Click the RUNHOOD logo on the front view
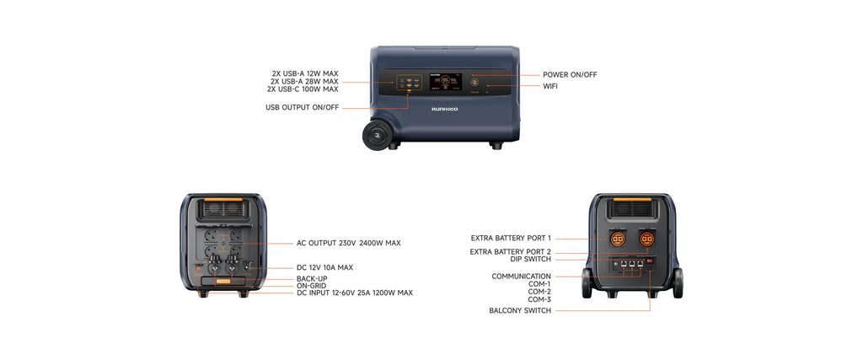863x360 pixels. pyautogui.click(x=444, y=109)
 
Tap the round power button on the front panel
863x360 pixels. pyautogui.click(x=474, y=83)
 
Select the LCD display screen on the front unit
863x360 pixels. pyautogui.click(x=445, y=83)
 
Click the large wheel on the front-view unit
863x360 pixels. pyautogui.click(x=377, y=135)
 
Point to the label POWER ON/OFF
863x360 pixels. pyautogui.click(x=570, y=75)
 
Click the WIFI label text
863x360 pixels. pyautogui.click(x=550, y=87)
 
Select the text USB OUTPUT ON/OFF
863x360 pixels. pyautogui.click(x=303, y=108)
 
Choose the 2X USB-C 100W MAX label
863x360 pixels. pyautogui.click(x=303, y=89)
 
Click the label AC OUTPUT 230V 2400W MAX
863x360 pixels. pyautogui.click(x=348, y=243)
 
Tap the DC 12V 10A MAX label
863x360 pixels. pyautogui.click(x=324, y=267)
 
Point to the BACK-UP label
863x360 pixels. pyautogui.click(x=312, y=279)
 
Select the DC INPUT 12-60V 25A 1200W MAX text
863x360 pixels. pyautogui.click(x=355, y=293)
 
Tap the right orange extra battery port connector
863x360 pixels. pyautogui.click(x=646, y=239)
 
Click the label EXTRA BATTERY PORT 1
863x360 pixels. pyautogui.click(x=511, y=239)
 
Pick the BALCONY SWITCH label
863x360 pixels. pyautogui.click(x=520, y=311)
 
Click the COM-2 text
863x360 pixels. pyautogui.click(x=539, y=292)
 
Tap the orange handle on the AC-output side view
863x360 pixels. pyautogui.click(x=222, y=199)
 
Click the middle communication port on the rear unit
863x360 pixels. pyautogui.click(x=632, y=264)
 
